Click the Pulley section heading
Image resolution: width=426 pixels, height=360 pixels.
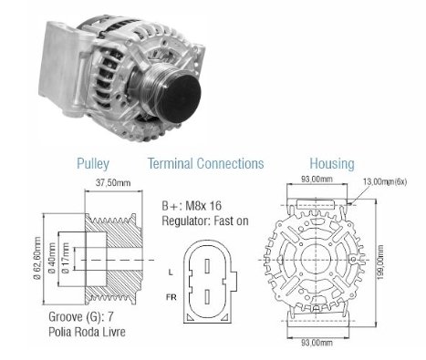click(x=93, y=164)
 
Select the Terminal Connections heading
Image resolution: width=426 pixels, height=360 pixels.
click(x=206, y=163)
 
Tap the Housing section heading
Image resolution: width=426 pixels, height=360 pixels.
click(x=332, y=164)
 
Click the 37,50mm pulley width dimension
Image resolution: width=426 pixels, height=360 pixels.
click(x=113, y=182)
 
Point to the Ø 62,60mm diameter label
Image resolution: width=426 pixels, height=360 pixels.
click(x=38, y=258)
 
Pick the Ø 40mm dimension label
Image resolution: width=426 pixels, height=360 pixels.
click(x=52, y=258)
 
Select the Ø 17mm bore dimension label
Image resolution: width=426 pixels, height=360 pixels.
click(x=66, y=258)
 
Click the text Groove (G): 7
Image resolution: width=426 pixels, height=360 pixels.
click(x=81, y=317)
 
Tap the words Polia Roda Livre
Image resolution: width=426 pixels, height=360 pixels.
click(x=87, y=332)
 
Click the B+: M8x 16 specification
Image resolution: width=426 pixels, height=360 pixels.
click(x=192, y=206)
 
